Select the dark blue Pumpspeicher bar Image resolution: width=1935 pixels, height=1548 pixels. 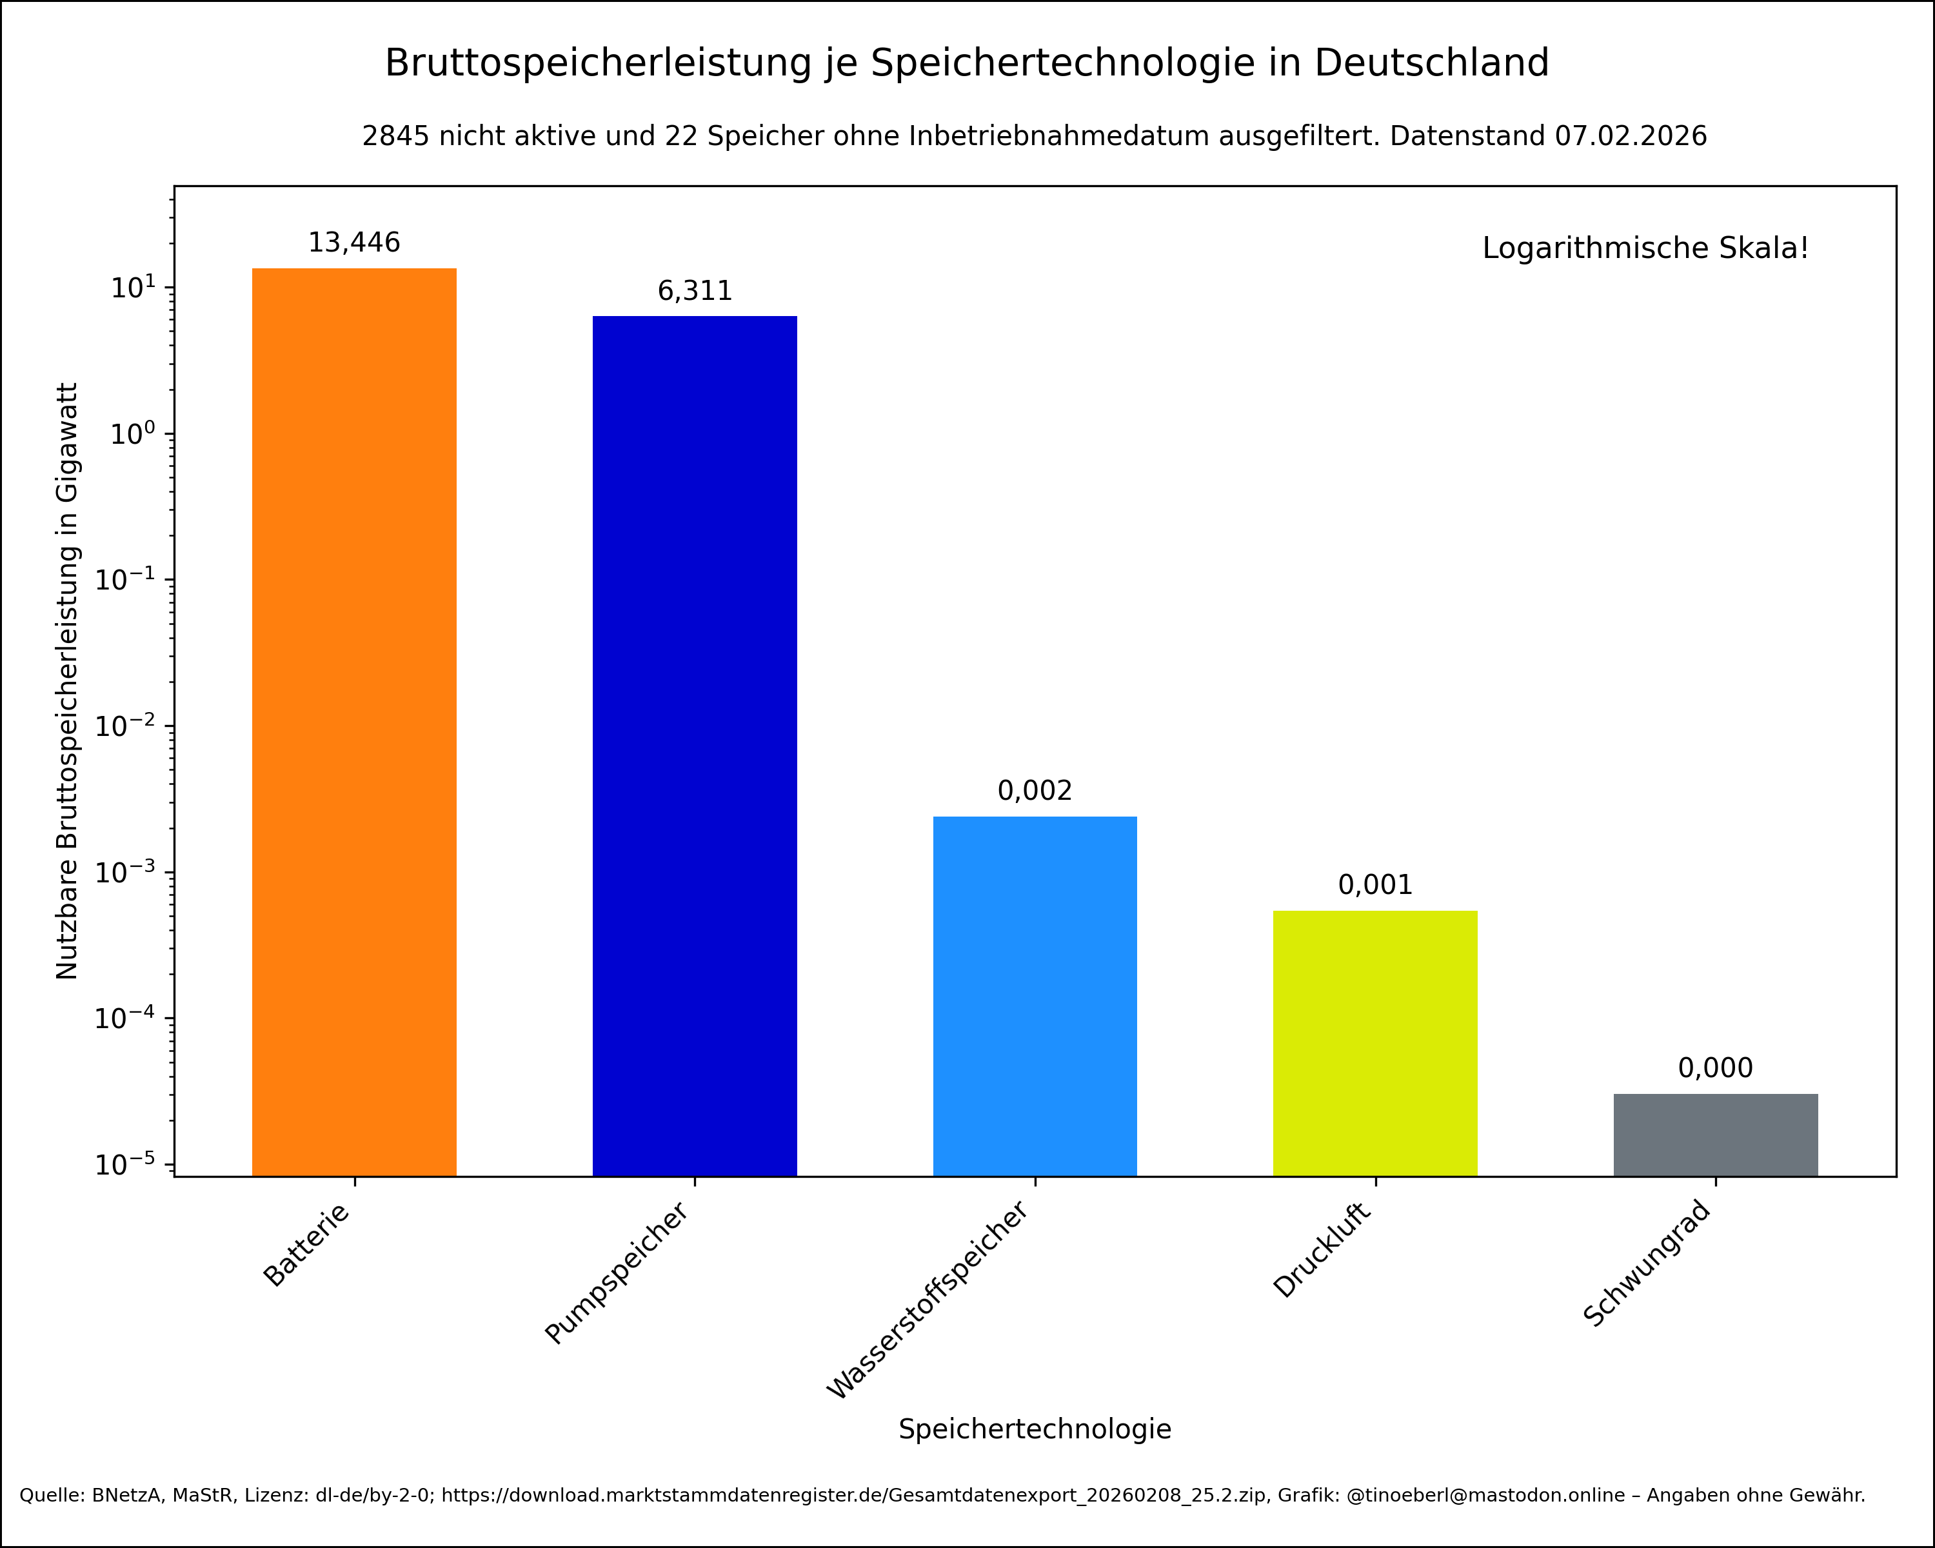695,745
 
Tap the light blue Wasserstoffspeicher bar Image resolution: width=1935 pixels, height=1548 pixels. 1035,995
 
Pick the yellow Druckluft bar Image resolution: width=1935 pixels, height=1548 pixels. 1375,1043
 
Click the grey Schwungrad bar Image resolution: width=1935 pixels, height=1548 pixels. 1715,1135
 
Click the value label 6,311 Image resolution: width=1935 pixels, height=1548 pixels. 695,291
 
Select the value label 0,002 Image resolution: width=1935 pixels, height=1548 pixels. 1035,791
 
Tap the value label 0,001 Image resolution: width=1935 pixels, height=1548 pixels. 1375,885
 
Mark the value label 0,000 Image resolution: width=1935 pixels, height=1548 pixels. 1715,1068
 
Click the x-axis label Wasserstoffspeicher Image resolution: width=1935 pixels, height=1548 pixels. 929,1301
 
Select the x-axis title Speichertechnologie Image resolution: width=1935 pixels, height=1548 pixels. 1035,1429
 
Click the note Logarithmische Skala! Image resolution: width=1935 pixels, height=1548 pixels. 1645,248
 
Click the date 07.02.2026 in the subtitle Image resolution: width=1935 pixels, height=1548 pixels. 1631,136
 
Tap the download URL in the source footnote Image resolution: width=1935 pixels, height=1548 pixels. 853,1495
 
